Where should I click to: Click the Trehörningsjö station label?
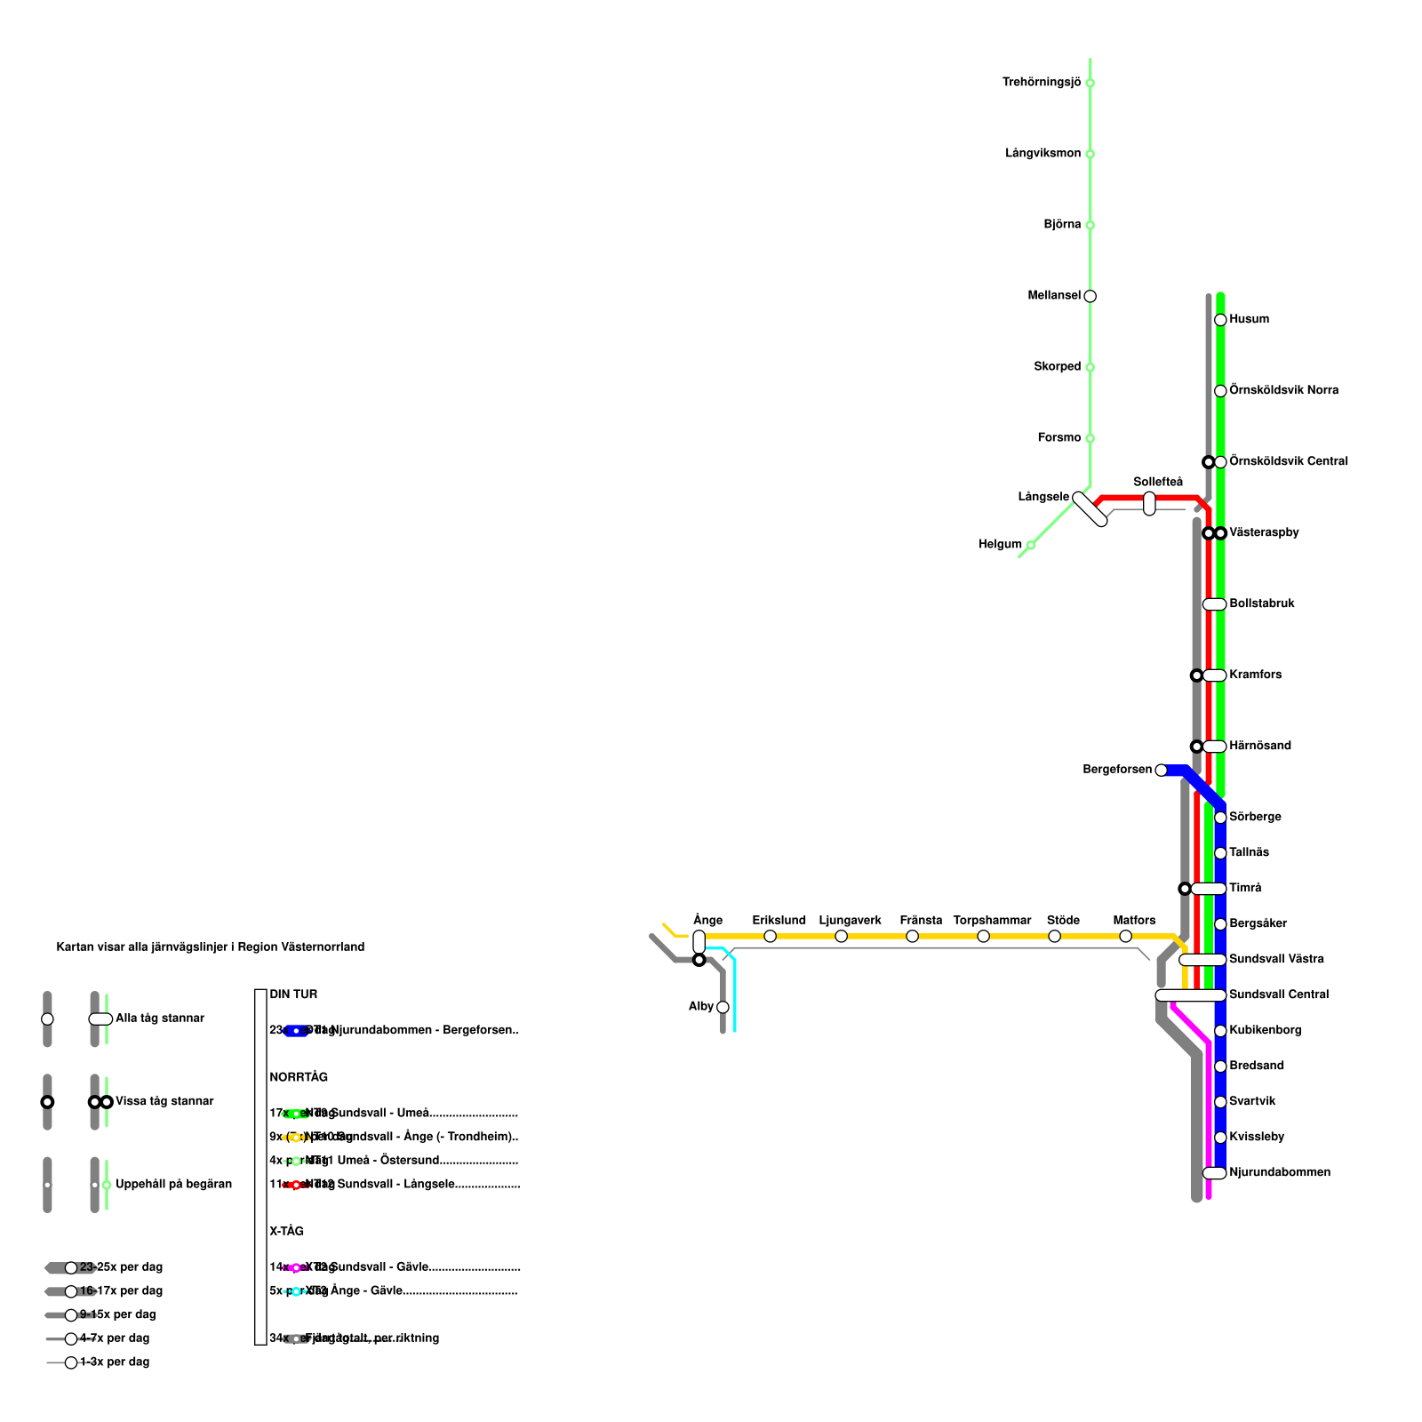tap(1041, 83)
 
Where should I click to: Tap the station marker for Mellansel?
tap(1090, 296)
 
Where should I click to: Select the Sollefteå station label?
tap(1157, 482)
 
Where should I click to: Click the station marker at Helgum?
tap(1030, 545)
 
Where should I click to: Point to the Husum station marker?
tap(1220, 320)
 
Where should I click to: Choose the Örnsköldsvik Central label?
tap(1288, 461)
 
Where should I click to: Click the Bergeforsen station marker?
tap(1161, 770)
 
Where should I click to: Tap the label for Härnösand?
tap(1259, 746)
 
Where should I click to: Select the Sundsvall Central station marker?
tap(1190, 995)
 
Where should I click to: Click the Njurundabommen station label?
tap(1279, 1172)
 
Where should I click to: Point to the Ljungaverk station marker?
tap(841, 936)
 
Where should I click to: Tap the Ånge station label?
tap(707, 920)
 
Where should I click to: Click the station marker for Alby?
tap(723, 1007)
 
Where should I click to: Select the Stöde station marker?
tap(1054, 936)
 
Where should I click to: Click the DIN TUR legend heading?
tap(293, 995)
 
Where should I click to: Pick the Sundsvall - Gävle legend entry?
tap(380, 1266)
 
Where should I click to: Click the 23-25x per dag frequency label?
tap(121, 1267)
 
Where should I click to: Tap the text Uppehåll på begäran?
tap(173, 1184)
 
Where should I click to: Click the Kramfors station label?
tap(1255, 675)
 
